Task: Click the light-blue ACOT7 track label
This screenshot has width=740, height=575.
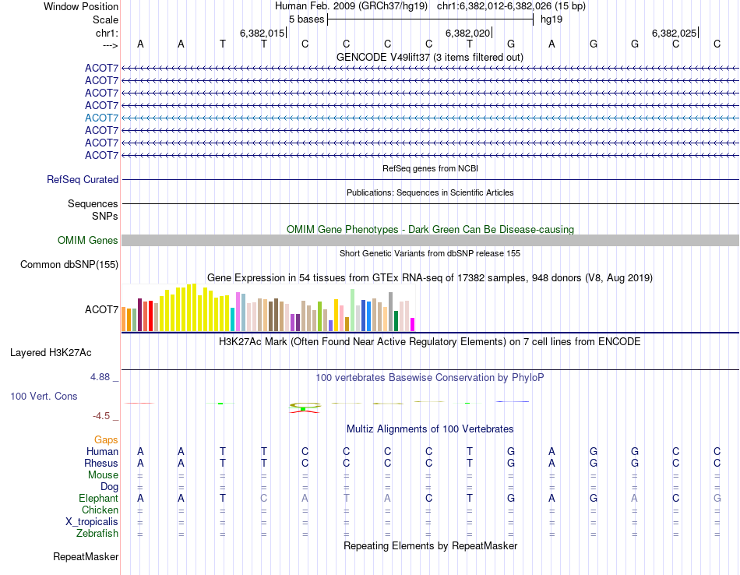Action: click(x=101, y=118)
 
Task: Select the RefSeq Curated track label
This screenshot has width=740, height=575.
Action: click(x=83, y=179)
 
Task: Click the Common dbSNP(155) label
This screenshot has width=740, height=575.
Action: click(x=69, y=265)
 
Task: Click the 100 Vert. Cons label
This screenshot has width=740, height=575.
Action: click(x=44, y=396)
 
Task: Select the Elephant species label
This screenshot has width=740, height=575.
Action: click(x=98, y=498)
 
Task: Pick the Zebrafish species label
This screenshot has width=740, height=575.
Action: click(x=97, y=534)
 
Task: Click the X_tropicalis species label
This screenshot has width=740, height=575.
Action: click(x=92, y=522)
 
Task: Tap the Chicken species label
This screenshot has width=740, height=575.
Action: click(x=100, y=510)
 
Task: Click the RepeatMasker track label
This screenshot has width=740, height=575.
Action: click(x=86, y=557)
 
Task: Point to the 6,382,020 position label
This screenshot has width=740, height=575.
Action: click(x=467, y=33)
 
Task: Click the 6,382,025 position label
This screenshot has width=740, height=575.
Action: click(x=674, y=33)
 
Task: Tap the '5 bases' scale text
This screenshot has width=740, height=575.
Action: click(x=306, y=19)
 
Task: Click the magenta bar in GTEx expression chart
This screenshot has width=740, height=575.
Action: click(x=413, y=324)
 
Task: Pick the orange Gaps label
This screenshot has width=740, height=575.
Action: click(x=106, y=440)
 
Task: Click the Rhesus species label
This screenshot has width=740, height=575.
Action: click(x=100, y=463)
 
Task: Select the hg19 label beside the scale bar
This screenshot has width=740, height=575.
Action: click(x=551, y=19)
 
